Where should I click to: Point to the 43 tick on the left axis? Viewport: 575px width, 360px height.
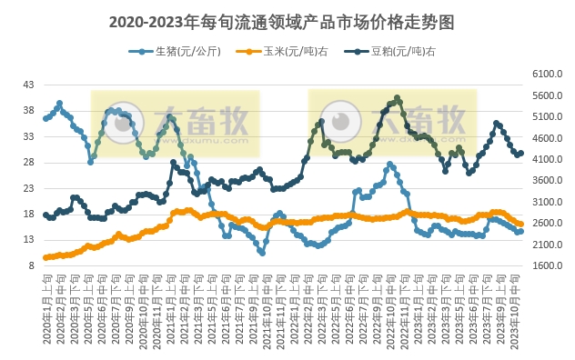click(x=28, y=85)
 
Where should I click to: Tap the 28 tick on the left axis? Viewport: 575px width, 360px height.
click(x=28, y=163)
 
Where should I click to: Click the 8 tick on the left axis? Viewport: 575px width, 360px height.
click(x=31, y=266)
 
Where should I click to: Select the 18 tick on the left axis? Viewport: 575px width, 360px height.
click(x=28, y=215)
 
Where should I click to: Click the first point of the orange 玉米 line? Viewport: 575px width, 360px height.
click(x=45, y=258)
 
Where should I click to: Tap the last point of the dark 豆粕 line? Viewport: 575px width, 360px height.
click(x=520, y=154)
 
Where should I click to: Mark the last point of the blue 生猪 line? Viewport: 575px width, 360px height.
click(x=520, y=231)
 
